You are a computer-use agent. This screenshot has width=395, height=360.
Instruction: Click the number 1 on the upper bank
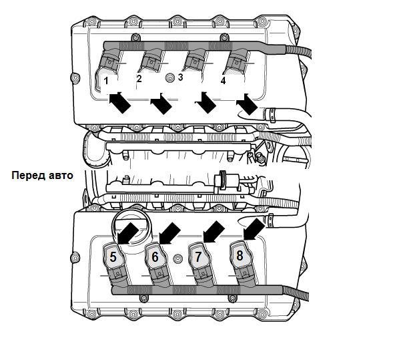(x=106, y=81)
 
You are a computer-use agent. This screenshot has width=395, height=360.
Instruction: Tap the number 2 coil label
(x=139, y=79)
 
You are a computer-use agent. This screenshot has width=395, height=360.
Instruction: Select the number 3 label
(x=180, y=77)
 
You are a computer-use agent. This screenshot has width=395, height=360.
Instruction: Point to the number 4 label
(x=223, y=81)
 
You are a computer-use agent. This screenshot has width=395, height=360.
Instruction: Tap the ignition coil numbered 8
(x=241, y=262)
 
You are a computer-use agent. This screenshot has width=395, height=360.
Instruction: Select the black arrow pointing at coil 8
(x=254, y=229)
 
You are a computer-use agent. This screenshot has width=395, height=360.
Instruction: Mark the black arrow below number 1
(x=120, y=102)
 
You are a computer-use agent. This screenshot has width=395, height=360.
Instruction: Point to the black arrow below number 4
(x=247, y=104)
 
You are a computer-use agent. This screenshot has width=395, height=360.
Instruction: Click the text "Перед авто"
(x=42, y=175)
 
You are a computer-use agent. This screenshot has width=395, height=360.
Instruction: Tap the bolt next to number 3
(x=170, y=77)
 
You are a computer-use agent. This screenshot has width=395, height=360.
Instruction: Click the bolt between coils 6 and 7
(x=178, y=258)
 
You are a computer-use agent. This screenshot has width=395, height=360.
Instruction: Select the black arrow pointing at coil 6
(x=169, y=234)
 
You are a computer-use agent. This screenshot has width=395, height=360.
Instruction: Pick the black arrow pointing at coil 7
(x=214, y=232)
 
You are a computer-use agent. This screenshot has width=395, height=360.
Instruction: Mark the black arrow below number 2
(x=161, y=104)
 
